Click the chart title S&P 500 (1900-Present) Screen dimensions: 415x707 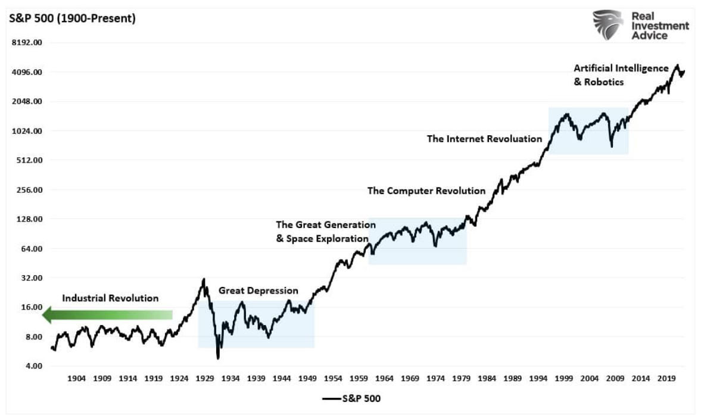tap(72, 18)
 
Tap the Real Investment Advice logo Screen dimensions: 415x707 tap(640, 25)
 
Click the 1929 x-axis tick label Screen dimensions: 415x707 tap(205, 378)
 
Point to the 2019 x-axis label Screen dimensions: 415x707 tap(667, 378)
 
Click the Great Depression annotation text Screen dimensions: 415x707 tap(258, 291)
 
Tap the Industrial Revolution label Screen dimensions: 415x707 tap(110, 298)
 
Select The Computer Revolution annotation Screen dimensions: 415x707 tap(426, 191)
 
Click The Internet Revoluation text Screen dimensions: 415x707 tap(484, 139)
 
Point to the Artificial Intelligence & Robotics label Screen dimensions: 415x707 tap(621, 75)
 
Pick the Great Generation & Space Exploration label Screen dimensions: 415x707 tap(325, 232)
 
